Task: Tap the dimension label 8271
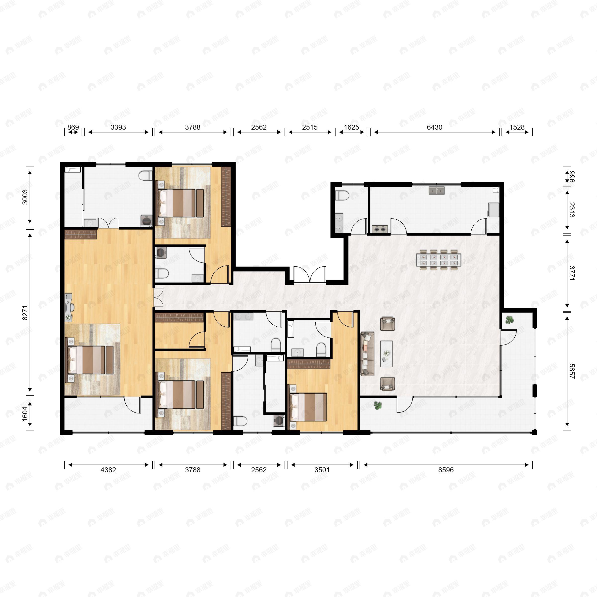click(25, 313)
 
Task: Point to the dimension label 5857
click(572, 371)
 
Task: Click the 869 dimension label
click(73, 127)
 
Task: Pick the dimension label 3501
click(322, 470)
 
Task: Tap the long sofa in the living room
click(367, 354)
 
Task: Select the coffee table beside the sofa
click(386, 354)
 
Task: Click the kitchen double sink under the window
click(436, 190)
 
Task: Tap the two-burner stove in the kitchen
click(380, 229)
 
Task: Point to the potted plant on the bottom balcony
click(378, 405)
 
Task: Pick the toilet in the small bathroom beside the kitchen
click(342, 195)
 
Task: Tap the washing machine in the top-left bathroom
click(146, 221)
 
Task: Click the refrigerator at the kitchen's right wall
click(494, 210)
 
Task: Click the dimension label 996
click(572, 177)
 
